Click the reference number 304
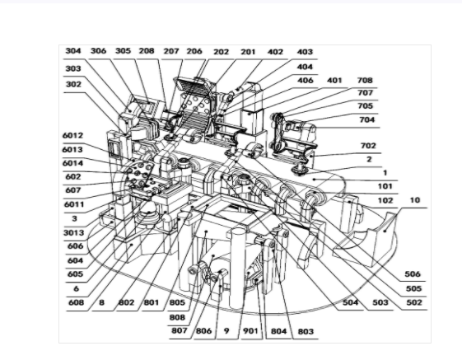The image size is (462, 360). coord(73,51)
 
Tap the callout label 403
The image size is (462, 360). coord(305,52)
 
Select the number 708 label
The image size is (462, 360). coord(365,80)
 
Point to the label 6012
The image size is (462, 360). coord(72,136)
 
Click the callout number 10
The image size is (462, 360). coord(414,200)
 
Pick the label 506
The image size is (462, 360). coord(413,274)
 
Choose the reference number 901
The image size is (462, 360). coord(250,331)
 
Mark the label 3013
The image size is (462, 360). coord(74,233)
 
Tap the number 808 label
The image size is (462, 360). coord(177,317)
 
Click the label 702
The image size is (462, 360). coord(368,146)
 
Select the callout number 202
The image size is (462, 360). coord(221,52)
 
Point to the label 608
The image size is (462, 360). coord(77,302)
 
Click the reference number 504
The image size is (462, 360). coord(351,302)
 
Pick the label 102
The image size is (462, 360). coord(385,200)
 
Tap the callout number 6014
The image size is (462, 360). coord(72,163)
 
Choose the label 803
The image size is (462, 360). coord(306,331)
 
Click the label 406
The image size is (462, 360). coord(305,80)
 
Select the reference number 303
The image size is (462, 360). coord(73,68)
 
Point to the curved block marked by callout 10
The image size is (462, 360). coord(380,233)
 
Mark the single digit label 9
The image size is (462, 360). coord(226,331)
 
